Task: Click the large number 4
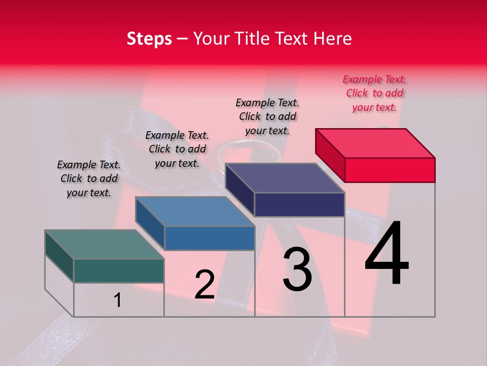(x=387, y=254)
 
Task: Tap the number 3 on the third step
(x=297, y=269)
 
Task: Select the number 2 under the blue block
(x=205, y=285)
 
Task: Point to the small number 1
(x=118, y=300)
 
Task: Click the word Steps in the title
(x=149, y=39)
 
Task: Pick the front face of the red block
(x=390, y=170)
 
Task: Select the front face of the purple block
(x=299, y=205)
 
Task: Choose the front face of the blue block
(x=210, y=238)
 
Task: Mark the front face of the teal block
(x=119, y=271)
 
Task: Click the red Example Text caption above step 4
(x=374, y=93)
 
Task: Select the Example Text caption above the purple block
(x=267, y=116)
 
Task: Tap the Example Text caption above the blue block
(x=177, y=149)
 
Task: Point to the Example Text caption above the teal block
(x=89, y=178)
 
